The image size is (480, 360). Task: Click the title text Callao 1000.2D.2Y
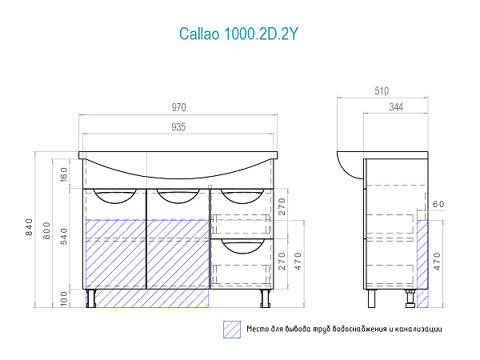pyautogui.click(x=239, y=34)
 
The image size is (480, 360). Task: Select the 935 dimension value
pyautogui.click(x=178, y=126)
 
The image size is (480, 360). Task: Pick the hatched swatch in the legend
pyautogui.click(x=232, y=328)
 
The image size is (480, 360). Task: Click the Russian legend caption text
pyautogui.click(x=344, y=328)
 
